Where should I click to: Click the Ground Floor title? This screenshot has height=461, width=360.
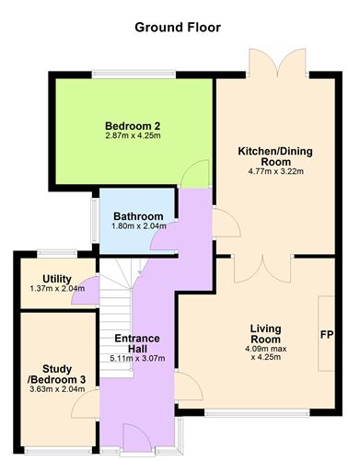(178, 28)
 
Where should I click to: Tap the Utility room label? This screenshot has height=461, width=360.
(44, 278)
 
